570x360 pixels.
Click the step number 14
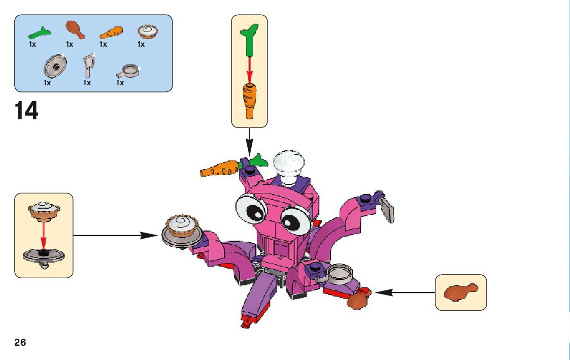pyautogui.click(x=27, y=111)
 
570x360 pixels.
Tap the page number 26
pyautogui.click(x=20, y=342)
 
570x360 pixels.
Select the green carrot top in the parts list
pyautogui.click(x=40, y=33)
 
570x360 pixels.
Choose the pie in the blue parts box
pyautogui.click(x=148, y=32)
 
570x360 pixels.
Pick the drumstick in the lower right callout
pyautogui.click(x=460, y=292)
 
